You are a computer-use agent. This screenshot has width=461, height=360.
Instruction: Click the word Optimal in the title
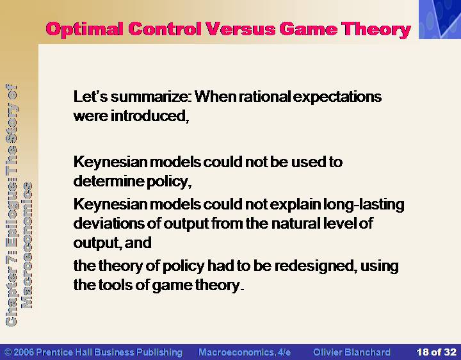pos(85,30)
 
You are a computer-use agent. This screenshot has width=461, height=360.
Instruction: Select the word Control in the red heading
pos(165,29)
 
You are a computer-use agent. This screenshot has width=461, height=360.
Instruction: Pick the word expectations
pos(337,97)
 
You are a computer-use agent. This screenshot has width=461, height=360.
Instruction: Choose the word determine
pos(109,181)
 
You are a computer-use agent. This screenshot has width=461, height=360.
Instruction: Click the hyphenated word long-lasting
pos(364,205)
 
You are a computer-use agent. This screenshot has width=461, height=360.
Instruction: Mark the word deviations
pos(109,223)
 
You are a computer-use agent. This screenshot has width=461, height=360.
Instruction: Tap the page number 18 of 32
pos(436,352)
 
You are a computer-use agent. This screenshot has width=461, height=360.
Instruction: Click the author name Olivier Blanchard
pos(352,352)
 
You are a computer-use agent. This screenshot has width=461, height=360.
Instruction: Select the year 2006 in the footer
pos(24,352)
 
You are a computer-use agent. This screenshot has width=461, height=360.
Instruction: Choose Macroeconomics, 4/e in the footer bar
pos(245,352)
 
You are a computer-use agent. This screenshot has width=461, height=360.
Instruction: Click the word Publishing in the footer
pos(159,352)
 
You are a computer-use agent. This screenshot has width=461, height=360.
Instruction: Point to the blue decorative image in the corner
pos(440,19)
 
